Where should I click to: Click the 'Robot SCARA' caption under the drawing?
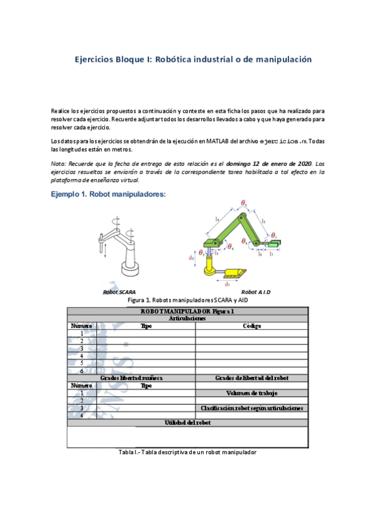119,292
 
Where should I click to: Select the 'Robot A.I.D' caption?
256,292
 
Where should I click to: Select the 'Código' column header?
252,326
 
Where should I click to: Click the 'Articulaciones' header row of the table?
187,318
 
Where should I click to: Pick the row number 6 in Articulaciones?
81,371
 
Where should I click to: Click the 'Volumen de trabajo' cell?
252,393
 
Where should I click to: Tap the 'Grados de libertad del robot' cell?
252,378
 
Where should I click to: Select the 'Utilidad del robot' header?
187,423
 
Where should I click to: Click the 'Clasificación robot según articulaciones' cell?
252,408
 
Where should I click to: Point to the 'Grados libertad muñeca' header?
132,378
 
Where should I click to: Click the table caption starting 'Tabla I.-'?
187,452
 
